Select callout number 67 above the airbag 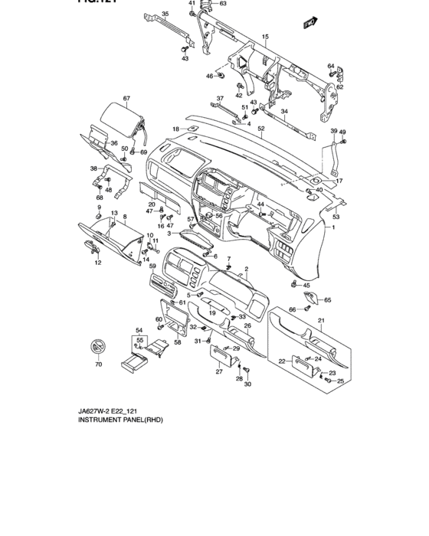(127, 98)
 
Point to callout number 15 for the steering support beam (265, 37)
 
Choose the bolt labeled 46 (221, 76)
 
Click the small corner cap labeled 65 (316, 300)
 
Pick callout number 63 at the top (223, 4)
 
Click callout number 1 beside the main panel (333, 228)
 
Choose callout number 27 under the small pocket (218, 372)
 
